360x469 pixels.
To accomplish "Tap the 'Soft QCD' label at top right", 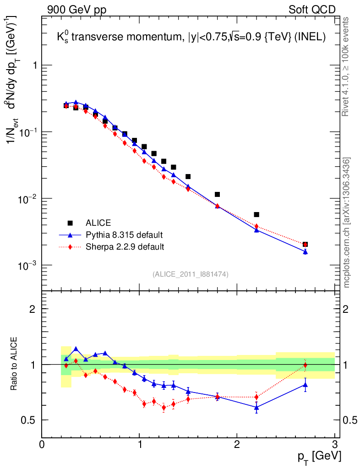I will pos(312,10).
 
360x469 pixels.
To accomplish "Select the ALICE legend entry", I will pos(98,223).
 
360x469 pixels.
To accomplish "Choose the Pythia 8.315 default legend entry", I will pos(124,235).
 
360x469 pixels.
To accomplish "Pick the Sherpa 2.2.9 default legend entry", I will pos(125,247).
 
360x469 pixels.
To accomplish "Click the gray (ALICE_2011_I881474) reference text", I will pos(191,274).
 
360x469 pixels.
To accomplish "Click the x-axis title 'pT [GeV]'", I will pos(319,456).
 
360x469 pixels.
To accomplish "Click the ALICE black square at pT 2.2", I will pos(256,214).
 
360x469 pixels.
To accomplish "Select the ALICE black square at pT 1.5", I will pos(188,176).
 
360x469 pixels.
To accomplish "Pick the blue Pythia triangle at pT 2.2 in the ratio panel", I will pos(256,407).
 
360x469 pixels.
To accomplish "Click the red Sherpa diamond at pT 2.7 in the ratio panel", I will pos(305,365).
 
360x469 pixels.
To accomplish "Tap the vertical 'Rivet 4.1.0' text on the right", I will pos(346,67).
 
